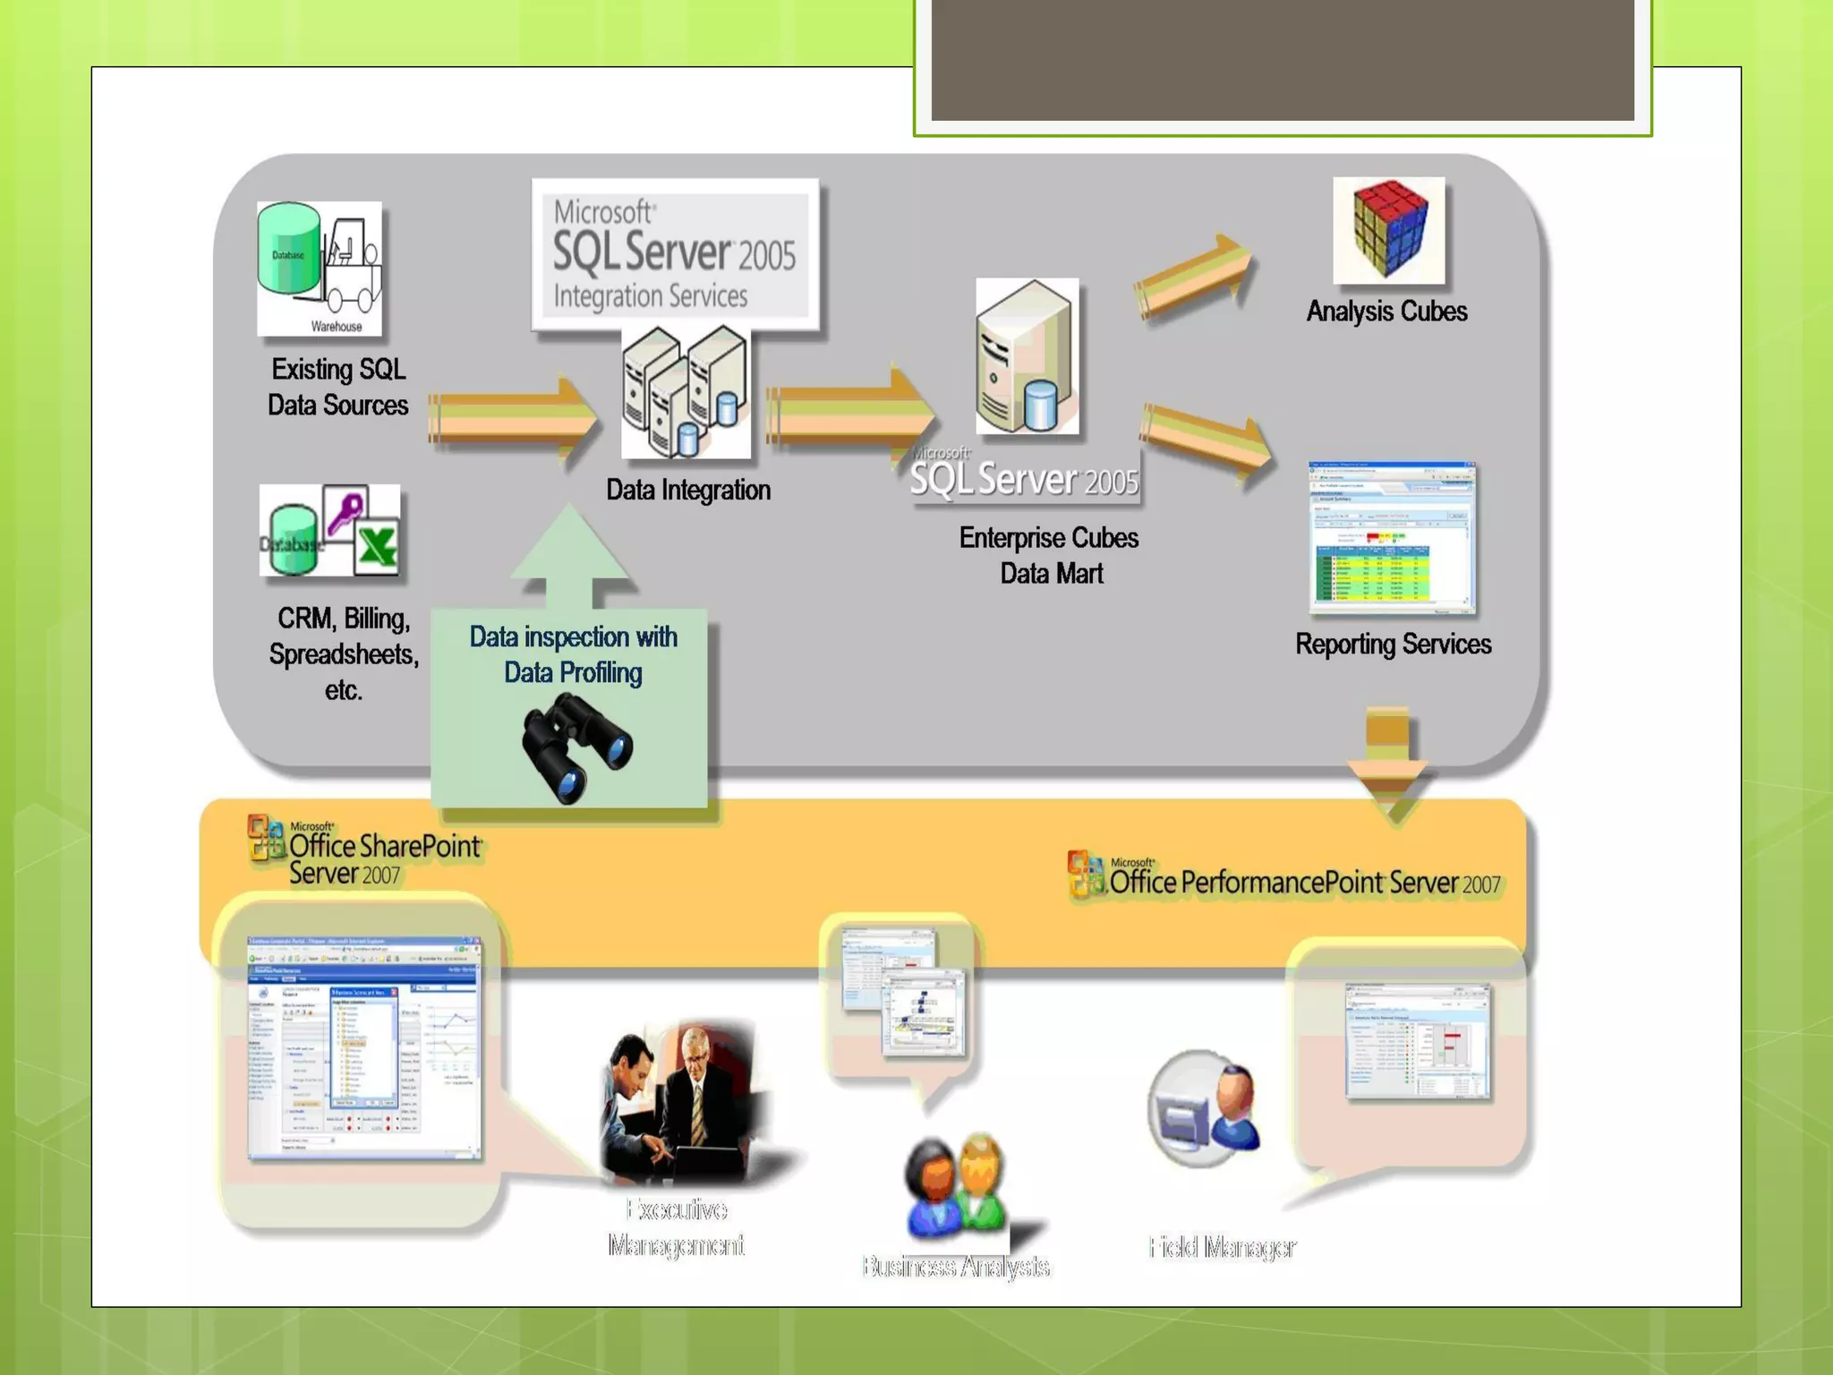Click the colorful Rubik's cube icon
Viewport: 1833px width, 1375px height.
(x=1388, y=231)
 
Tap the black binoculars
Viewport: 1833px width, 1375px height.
(x=576, y=747)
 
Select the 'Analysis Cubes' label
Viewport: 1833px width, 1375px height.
(x=1386, y=312)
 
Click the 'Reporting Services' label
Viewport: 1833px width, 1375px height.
(x=1393, y=645)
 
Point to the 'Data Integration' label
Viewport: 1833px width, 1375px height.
(x=688, y=490)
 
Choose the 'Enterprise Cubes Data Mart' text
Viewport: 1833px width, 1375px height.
(x=1050, y=555)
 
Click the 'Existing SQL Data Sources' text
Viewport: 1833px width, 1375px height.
(x=338, y=387)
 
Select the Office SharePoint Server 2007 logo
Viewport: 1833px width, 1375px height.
(x=365, y=850)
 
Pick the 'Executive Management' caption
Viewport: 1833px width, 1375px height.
(x=677, y=1227)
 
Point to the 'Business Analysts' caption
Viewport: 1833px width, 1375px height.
(x=955, y=1266)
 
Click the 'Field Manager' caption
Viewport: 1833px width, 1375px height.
(x=1223, y=1246)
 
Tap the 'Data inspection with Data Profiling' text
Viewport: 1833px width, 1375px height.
(x=573, y=654)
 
